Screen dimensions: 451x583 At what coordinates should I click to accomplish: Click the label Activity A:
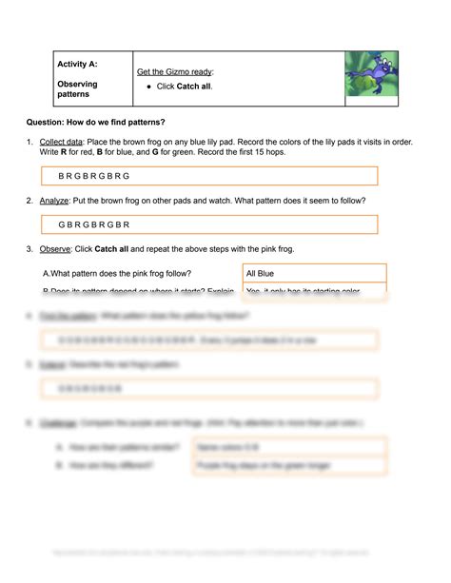coord(77,65)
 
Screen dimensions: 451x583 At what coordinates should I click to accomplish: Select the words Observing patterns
coord(77,89)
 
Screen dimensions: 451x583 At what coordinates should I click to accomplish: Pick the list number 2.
coord(30,201)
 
